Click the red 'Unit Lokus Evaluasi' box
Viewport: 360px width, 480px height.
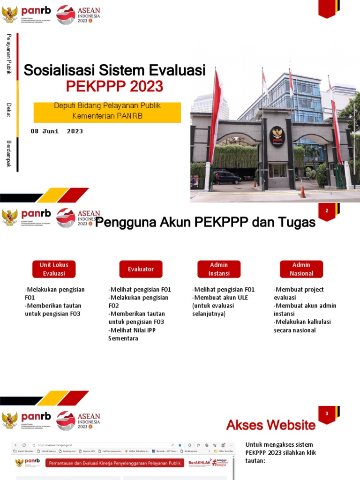tap(54, 269)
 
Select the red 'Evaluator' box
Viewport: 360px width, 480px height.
tap(141, 269)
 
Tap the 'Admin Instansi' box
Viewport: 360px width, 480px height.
tap(219, 269)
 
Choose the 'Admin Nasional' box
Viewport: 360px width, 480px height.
tap(301, 269)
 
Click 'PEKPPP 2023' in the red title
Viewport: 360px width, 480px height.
tap(114, 86)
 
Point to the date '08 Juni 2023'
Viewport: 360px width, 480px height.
tap(57, 131)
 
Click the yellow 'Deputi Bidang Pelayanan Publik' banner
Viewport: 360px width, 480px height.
tap(107, 111)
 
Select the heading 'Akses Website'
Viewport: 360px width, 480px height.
tap(271, 425)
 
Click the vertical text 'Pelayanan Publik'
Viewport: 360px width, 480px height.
tap(8, 54)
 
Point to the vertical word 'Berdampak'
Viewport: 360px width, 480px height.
tap(8, 154)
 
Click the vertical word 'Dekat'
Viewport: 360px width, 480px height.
tap(8, 110)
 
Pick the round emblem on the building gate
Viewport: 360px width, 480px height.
tap(277, 136)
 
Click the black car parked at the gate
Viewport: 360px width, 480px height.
tap(227, 177)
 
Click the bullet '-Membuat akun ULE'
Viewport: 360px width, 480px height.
tap(220, 298)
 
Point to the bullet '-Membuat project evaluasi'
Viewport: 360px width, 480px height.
tap(299, 293)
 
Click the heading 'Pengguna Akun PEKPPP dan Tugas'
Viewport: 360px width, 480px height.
tap(205, 223)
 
